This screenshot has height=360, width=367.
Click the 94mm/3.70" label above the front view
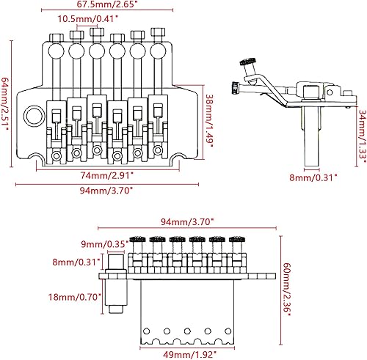coord(188,221)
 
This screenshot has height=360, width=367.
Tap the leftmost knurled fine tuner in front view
coord(135,239)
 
